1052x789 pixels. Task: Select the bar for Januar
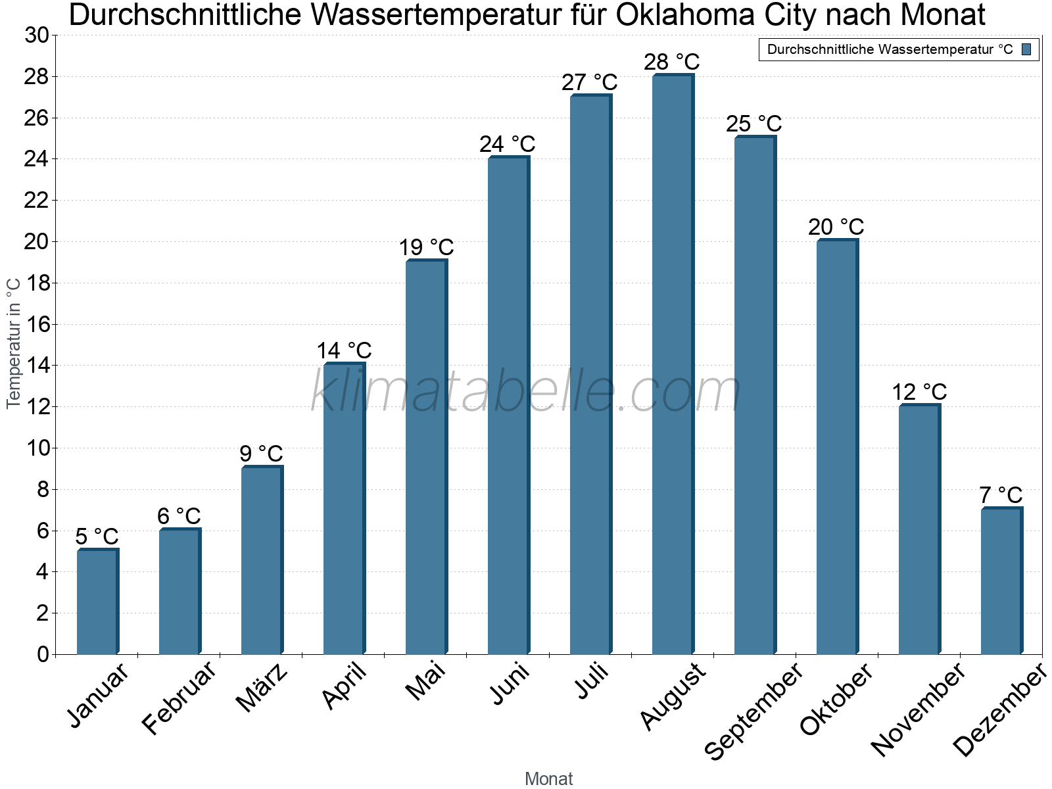point(97,602)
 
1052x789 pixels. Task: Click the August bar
point(673,365)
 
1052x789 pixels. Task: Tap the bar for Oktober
point(837,447)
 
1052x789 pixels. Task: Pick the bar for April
point(344,510)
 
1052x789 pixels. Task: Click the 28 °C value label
point(671,62)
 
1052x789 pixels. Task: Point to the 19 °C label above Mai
point(426,247)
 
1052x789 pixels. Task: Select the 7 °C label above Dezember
point(1001,494)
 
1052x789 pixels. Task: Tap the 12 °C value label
point(919,392)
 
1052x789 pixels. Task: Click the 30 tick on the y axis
point(37,36)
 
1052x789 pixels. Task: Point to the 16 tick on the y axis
point(37,324)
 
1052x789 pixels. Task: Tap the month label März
point(262,688)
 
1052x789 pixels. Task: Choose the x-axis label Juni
point(510,684)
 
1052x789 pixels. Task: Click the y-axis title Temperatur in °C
point(14,343)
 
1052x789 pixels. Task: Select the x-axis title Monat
point(548,778)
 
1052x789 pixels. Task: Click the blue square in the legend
point(1026,49)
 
